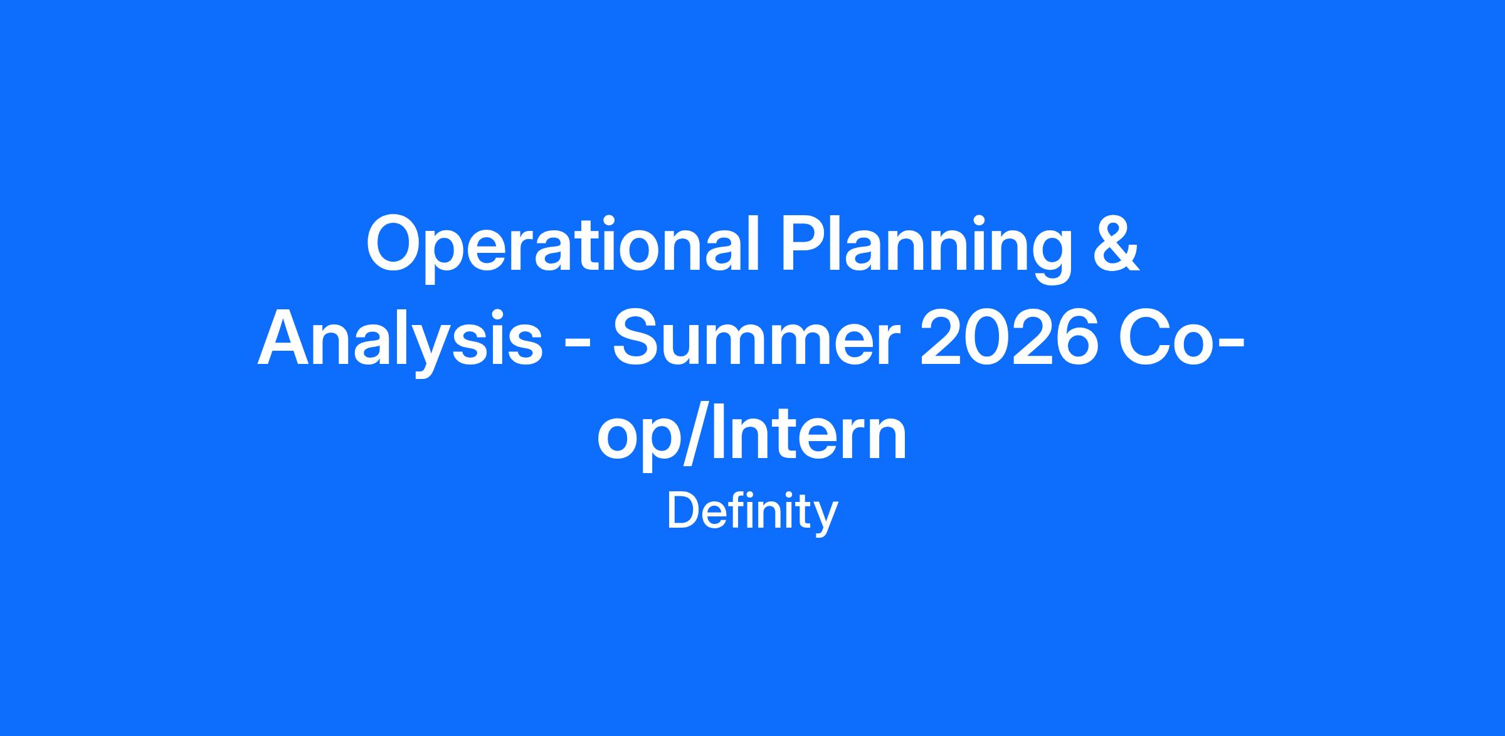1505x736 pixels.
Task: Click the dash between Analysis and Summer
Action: click(x=577, y=347)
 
